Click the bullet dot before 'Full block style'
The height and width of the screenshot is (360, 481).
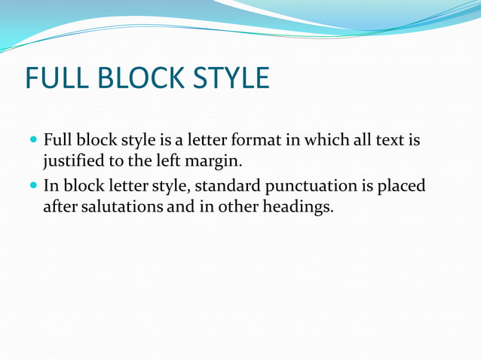(33, 141)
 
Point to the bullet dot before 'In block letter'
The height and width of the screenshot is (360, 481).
(33, 186)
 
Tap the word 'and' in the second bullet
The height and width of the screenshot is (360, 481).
(180, 206)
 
